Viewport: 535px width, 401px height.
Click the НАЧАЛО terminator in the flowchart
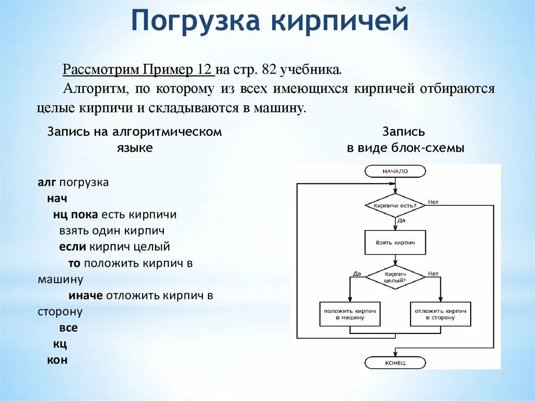[395, 171]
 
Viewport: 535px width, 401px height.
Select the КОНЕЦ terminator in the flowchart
[395, 362]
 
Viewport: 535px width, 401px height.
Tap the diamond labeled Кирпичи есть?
[395, 205]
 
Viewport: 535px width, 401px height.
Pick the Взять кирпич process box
[395, 243]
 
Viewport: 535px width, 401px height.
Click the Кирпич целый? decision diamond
[395, 277]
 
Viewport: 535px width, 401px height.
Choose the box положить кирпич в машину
[350, 314]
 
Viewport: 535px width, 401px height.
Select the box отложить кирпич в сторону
[440, 314]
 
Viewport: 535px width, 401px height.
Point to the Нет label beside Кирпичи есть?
[433, 202]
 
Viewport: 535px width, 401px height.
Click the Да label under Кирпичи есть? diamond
[402, 221]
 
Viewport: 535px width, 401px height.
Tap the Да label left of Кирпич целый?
[357, 273]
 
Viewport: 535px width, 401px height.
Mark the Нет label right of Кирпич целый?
[433, 273]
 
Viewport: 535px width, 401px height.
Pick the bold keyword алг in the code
[47, 183]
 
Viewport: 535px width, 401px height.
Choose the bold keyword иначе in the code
[86, 295]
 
